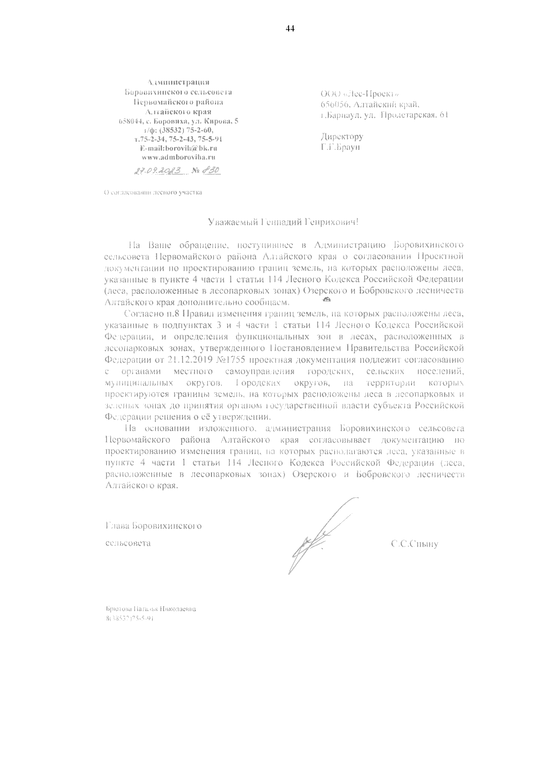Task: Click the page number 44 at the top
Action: tap(290, 29)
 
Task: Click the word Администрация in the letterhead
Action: tap(179, 82)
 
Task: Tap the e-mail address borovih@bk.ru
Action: tap(179, 148)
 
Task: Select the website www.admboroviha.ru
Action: tap(178, 158)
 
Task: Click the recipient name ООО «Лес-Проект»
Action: tap(359, 94)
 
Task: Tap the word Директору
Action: tap(342, 137)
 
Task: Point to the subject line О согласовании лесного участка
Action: tap(153, 193)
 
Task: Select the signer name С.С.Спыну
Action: tap(414, 544)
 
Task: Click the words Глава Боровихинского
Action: tap(153, 526)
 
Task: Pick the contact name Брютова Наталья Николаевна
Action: tap(150, 609)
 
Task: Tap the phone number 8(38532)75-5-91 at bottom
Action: tap(129, 619)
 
